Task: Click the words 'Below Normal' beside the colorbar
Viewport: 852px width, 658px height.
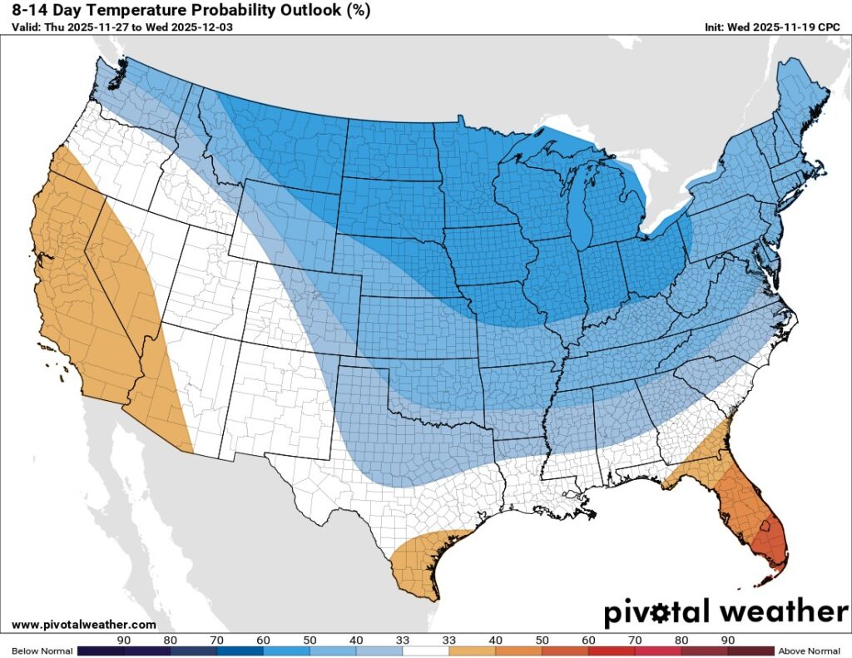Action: coord(37,651)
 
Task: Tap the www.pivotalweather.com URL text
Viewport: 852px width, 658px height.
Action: coord(84,624)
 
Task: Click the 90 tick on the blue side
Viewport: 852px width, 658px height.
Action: coord(124,640)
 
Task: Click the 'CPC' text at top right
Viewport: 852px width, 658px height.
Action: coord(829,27)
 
